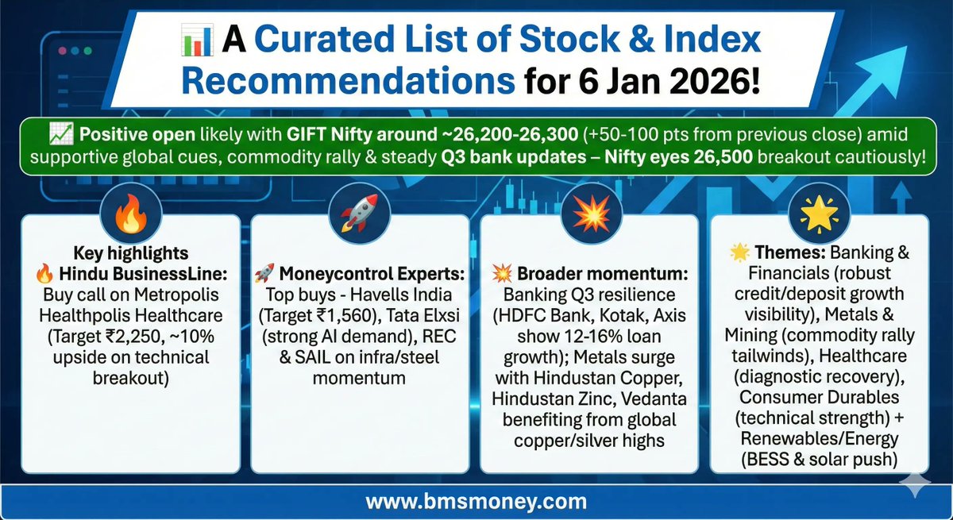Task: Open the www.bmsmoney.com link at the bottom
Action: [x=476, y=502]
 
